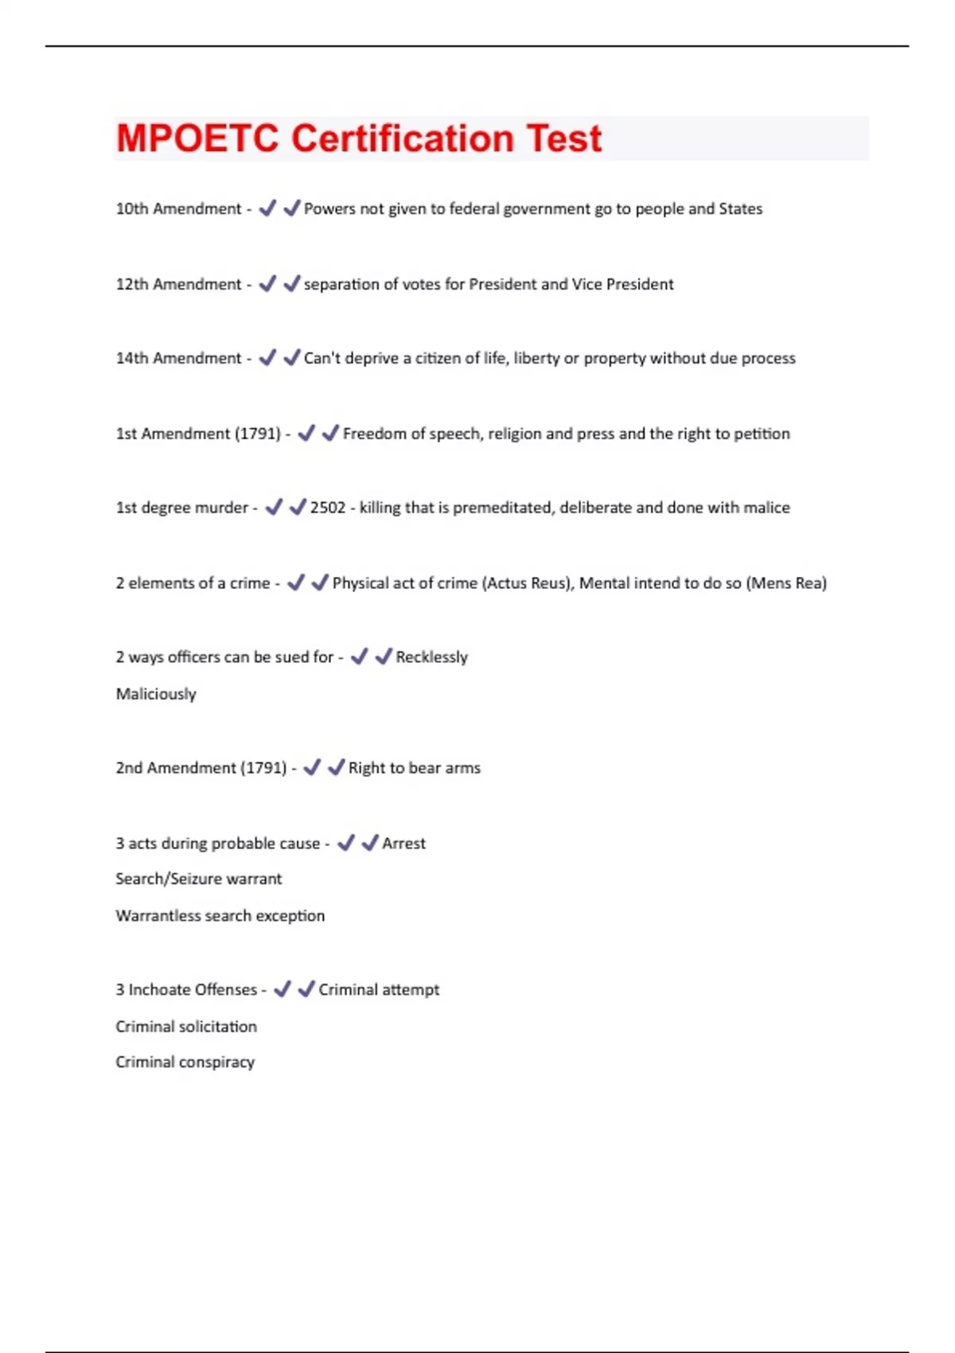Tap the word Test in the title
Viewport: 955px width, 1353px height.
click(x=564, y=138)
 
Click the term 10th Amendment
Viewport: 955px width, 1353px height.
click(x=178, y=209)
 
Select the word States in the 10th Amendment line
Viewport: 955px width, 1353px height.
click(x=740, y=209)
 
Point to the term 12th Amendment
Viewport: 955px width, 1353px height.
click(x=178, y=284)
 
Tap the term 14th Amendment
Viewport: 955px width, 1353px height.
click(x=178, y=358)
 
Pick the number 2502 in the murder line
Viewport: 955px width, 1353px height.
click(x=328, y=508)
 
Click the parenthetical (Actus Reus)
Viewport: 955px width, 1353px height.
click(x=527, y=583)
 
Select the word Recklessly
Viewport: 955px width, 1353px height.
click(x=431, y=657)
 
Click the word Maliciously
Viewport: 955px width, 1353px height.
click(x=156, y=694)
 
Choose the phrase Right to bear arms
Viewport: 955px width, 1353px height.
click(x=415, y=768)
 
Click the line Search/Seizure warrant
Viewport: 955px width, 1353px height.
click(x=199, y=879)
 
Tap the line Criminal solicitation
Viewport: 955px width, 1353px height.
click(x=186, y=1027)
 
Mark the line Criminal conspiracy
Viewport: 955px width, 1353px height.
click(x=185, y=1063)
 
